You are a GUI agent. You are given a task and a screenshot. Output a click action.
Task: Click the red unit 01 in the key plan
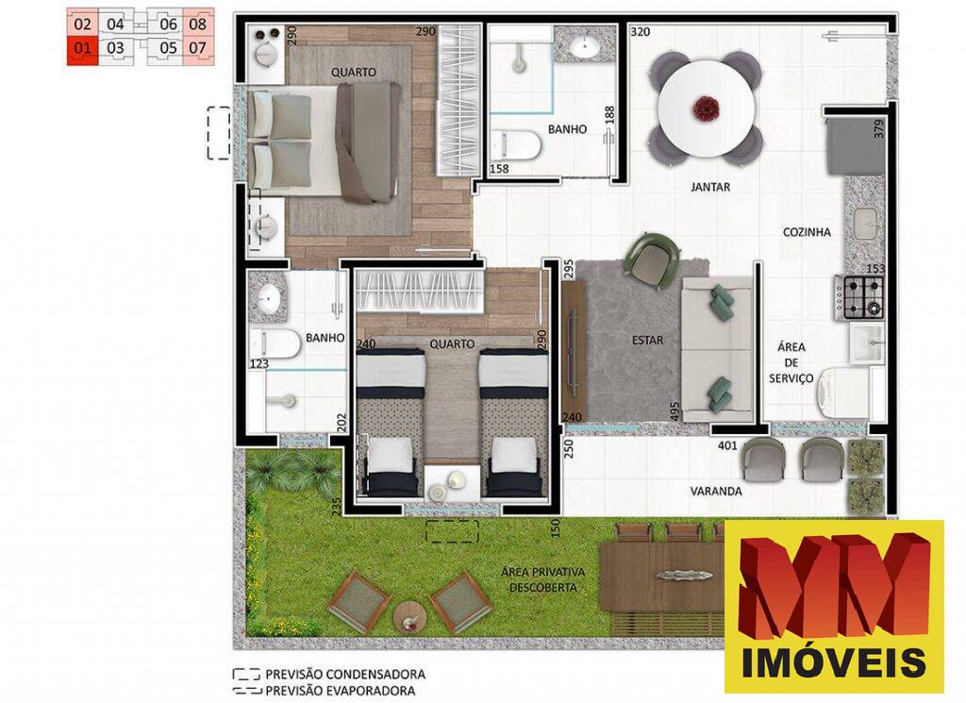click(82, 47)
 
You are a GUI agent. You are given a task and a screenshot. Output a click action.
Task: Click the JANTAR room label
click(710, 187)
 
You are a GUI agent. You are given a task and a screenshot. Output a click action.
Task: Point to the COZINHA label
click(807, 232)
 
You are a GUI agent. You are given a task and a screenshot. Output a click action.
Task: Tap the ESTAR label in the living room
click(648, 341)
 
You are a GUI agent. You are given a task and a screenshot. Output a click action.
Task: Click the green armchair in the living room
click(655, 257)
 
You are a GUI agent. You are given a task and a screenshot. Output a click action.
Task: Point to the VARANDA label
click(715, 492)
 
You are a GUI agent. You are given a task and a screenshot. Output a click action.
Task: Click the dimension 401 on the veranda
click(727, 444)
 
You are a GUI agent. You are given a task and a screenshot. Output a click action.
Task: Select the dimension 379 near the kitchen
click(880, 129)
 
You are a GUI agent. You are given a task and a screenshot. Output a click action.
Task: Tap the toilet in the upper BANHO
click(516, 145)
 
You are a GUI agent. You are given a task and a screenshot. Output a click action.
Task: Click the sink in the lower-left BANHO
click(269, 301)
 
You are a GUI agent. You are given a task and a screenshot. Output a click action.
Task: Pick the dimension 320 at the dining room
click(641, 32)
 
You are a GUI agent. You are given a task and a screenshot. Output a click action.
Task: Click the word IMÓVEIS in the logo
click(834, 662)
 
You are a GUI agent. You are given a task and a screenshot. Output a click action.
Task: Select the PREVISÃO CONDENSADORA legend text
click(344, 675)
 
